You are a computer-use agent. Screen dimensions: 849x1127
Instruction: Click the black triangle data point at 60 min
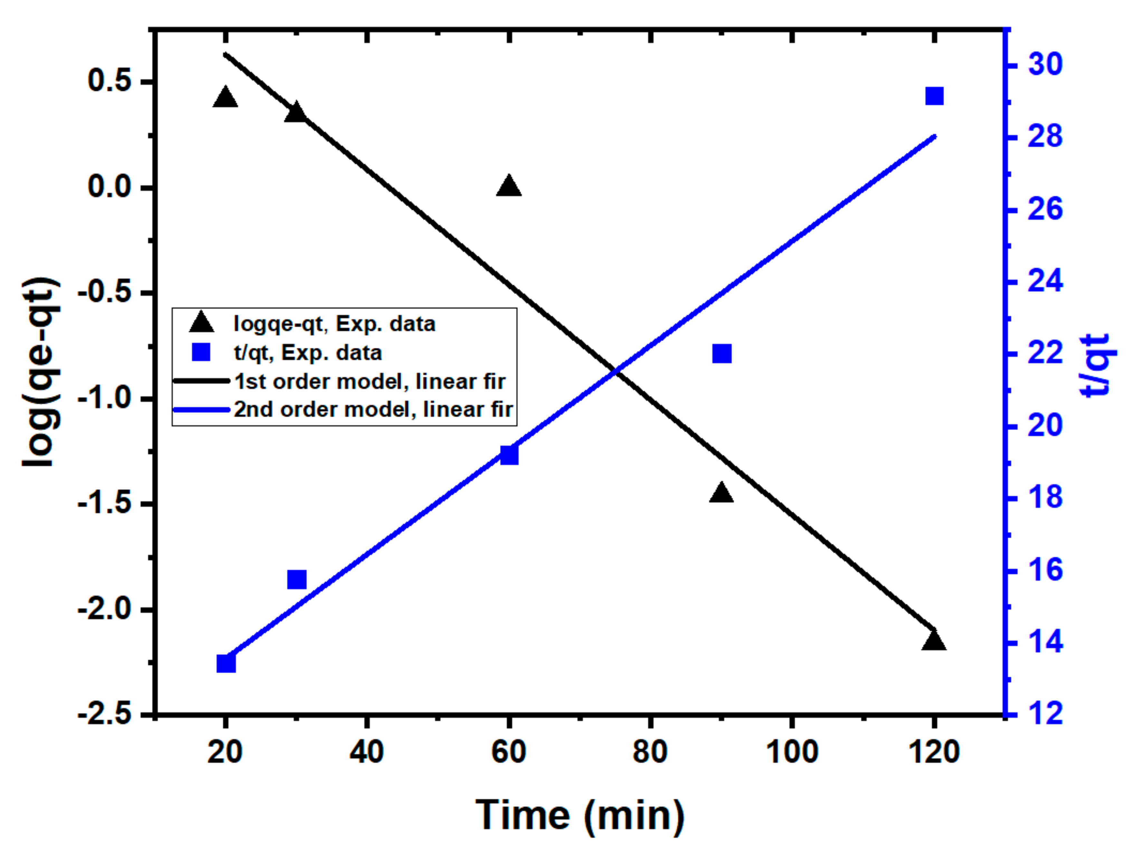[508, 187]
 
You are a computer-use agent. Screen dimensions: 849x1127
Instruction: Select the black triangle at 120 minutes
[934, 641]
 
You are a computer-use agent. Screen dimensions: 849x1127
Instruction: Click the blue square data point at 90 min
[722, 354]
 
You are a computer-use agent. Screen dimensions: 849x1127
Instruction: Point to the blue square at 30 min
[297, 579]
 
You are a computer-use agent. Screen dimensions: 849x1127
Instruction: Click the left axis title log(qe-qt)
[41, 372]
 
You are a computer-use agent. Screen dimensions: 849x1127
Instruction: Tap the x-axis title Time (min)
[580, 814]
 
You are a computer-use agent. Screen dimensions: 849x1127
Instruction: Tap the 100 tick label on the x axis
[792, 752]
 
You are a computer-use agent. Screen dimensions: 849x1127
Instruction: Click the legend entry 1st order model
[369, 381]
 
